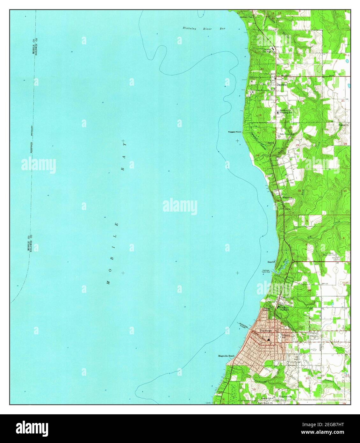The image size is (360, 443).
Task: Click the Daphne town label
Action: pos(281,85)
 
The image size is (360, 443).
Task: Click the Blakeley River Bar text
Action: pos(204,29)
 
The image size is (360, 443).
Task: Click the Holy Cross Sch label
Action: pos(286,134)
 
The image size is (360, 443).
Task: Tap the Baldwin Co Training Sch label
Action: pos(285,112)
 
